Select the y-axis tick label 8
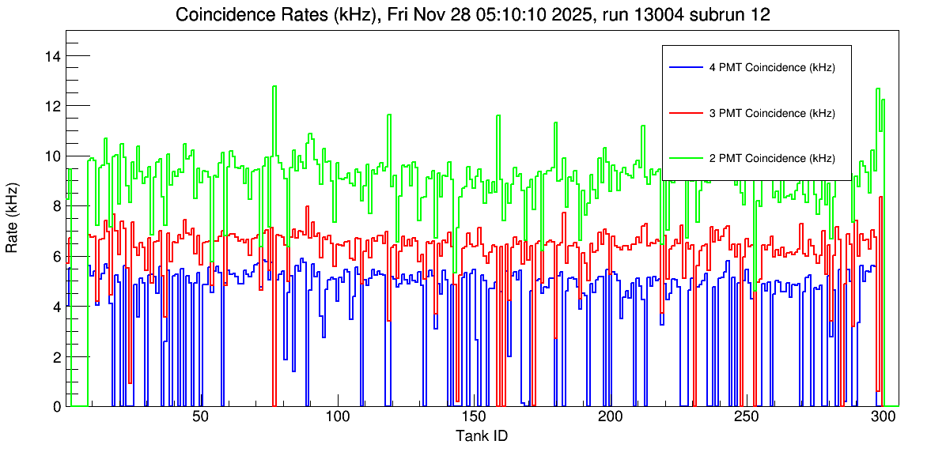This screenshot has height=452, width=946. tap(58, 206)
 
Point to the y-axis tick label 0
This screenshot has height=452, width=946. tap(58, 407)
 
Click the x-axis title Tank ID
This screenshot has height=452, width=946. tap(482, 436)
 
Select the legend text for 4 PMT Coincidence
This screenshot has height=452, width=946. tap(772, 68)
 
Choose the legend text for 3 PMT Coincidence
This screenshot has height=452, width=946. tap(772, 113)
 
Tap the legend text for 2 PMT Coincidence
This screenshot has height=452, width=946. tap(772, 158)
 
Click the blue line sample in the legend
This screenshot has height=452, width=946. tap(685, 68)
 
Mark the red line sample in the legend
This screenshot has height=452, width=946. tap(685, 113)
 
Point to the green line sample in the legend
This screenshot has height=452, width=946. tap(685, 158)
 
